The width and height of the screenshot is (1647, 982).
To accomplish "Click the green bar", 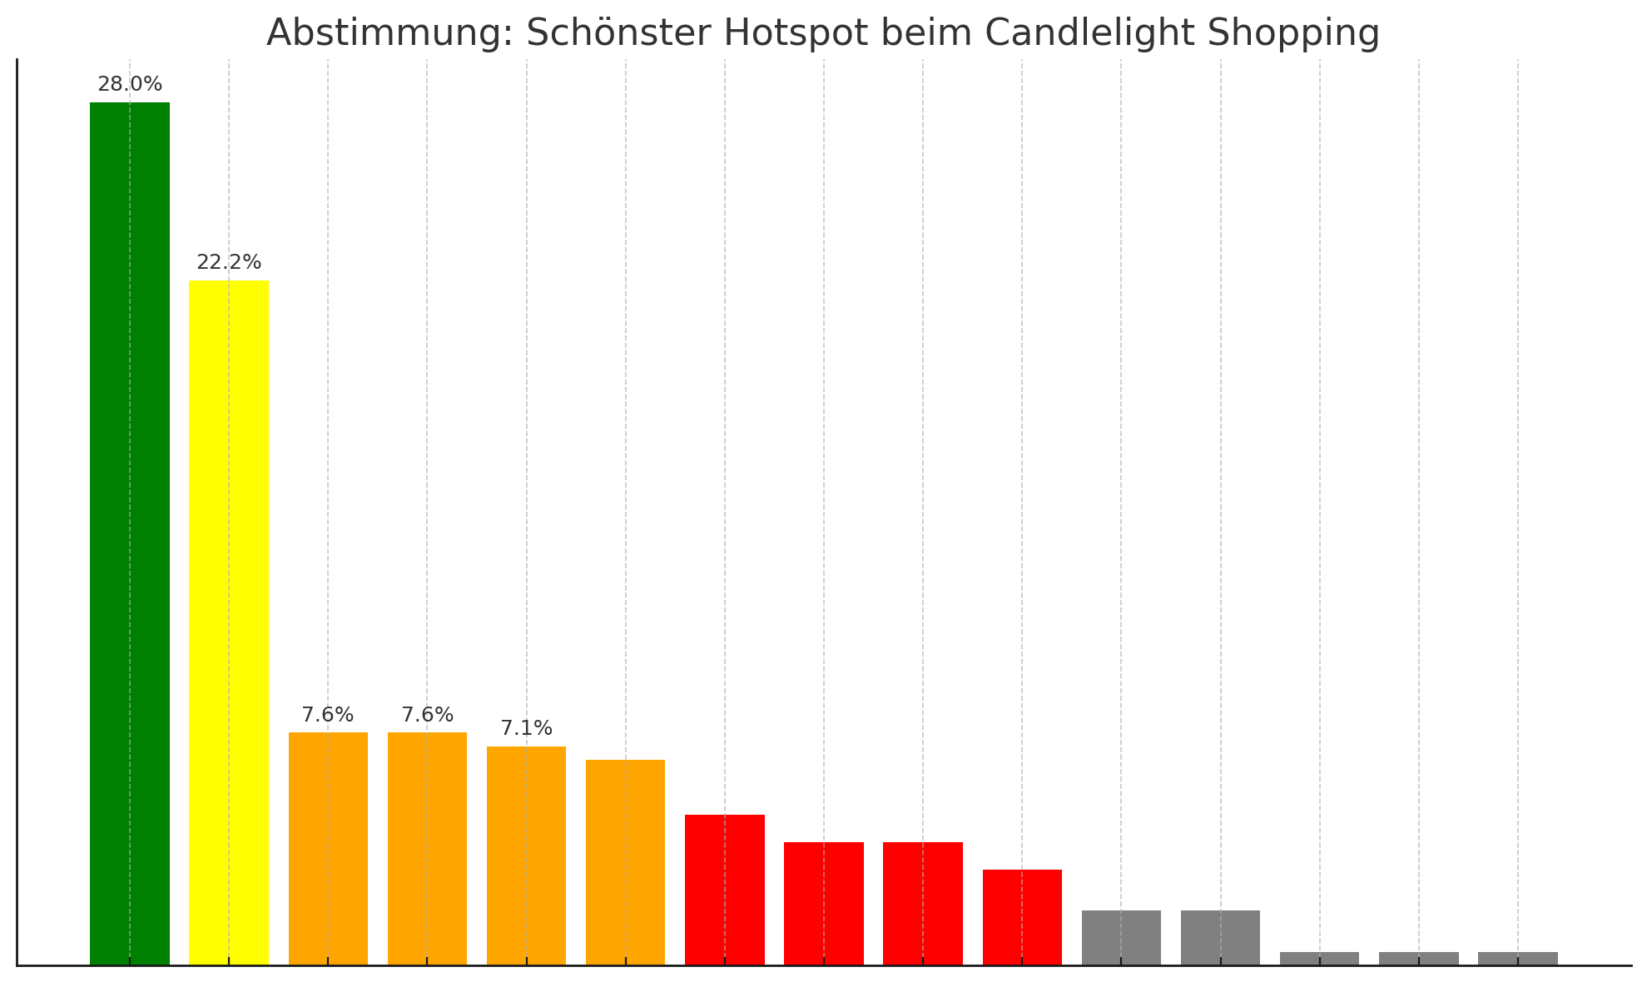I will coord(130,533).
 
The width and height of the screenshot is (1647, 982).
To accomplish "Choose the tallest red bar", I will coord(725,890).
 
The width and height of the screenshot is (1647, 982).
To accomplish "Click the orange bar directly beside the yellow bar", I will coord(328,849).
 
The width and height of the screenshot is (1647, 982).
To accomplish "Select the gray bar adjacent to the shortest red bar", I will coord(1121,938).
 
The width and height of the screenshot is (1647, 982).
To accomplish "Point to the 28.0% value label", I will coord(130,85).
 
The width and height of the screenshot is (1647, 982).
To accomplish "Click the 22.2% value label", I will coord(229,263).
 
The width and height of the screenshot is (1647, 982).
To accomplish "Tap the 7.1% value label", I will coord(526,729).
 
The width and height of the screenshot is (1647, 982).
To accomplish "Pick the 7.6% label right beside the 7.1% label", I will coord(427,716).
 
